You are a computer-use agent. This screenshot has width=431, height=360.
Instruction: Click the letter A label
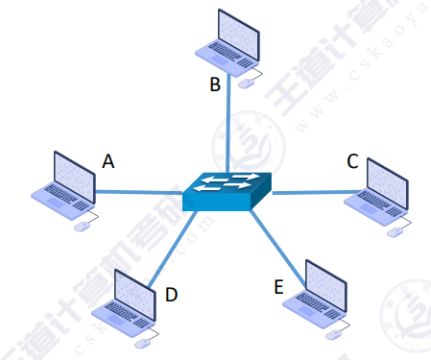(108, 161)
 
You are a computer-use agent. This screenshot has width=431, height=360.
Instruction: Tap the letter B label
(215, 84)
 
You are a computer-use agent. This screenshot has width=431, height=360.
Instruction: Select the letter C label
(353, 161)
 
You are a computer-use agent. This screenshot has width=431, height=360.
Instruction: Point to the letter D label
(171, 295)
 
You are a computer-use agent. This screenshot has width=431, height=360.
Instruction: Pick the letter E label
(278, 285)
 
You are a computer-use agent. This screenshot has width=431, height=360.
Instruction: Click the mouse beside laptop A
(82, 226)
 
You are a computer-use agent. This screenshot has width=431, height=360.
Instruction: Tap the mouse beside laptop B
(248, 84)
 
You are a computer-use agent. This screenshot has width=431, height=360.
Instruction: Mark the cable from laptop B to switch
(227, 125)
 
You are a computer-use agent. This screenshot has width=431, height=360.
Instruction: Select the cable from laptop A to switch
(139, 192)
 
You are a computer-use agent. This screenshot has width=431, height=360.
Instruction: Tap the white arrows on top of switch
(227, 180)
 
